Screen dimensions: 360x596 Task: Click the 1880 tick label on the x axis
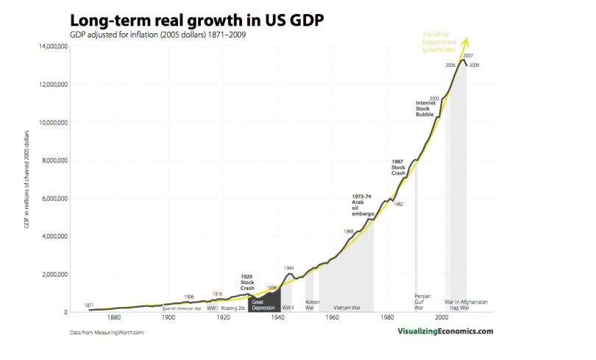(x=113, y=318)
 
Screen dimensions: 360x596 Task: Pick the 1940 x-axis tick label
(x=277, y=318)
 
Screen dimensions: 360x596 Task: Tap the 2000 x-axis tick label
(x=441, y=318)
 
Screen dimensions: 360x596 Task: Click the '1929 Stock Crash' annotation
(x=247, y=281)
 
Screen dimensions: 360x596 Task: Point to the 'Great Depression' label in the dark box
(x=263, y=305)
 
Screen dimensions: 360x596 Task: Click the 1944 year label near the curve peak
(x=289, y=267)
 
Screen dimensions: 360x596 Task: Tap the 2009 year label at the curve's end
(x=474, y=66)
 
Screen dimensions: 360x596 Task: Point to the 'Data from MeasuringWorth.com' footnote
(x=107, y=333)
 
